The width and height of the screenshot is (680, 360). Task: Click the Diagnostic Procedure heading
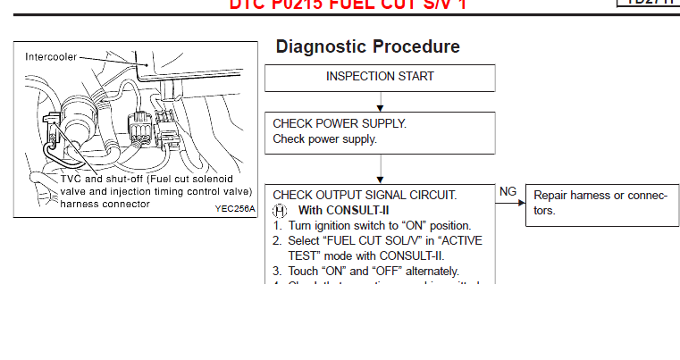(367, 46)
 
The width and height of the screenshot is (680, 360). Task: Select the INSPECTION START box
(380, 77)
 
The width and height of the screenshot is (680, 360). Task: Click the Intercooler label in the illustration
(49, 56)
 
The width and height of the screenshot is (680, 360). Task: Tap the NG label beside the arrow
(508, 191)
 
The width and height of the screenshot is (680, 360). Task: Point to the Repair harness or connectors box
(600, 203)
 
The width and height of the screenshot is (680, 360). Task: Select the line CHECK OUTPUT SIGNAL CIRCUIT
(365, 194)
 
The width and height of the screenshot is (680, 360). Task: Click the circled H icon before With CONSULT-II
(280, 210)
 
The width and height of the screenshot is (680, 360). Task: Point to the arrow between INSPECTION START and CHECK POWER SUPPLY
(380, 102)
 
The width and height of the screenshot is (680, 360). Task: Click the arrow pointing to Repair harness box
(513, 204)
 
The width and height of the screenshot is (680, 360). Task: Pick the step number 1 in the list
(278, 225)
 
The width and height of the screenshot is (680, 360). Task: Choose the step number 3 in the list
(278, 271)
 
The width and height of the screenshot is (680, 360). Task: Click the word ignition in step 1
(336, 225)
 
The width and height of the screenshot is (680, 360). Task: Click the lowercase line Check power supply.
(324, 138)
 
